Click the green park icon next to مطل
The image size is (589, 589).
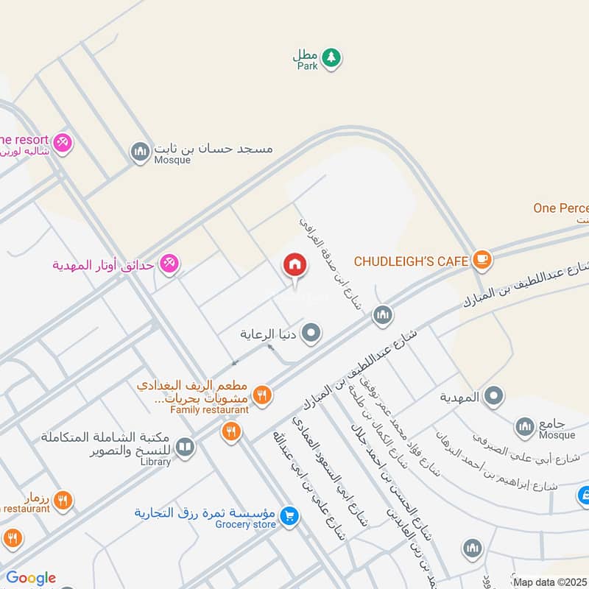[332, 57]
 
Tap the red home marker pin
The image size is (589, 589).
[294, 265]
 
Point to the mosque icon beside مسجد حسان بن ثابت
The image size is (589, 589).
[139, 152]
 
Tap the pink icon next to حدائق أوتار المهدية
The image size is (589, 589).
[169, 264]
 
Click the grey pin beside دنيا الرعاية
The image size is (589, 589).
[312, 334]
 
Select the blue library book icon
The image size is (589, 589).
[186, 448]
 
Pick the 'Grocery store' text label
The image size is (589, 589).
[247, 524]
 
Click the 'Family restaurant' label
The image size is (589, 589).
[210, 409]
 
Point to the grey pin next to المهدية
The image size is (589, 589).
[494, 396]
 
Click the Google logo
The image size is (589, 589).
[31, 578]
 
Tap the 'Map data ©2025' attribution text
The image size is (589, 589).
[550, 582]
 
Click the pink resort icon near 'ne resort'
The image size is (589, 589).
[63, 141]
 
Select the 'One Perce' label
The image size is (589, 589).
[561, 208]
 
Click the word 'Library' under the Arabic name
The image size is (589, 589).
[154, 462]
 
